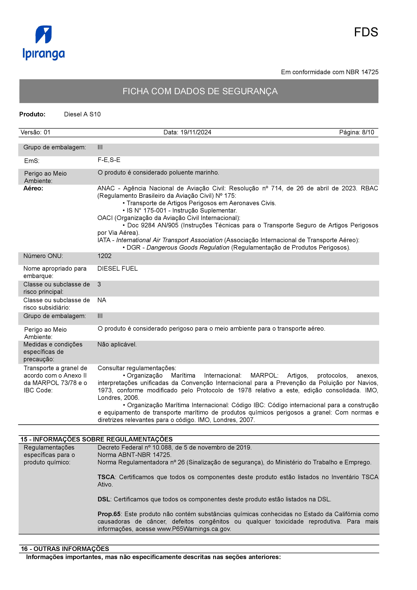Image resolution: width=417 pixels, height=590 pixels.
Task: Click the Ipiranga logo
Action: [44, 43]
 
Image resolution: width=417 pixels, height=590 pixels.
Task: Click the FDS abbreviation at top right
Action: [366, 32]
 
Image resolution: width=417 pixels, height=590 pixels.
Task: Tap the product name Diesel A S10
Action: [82, 114]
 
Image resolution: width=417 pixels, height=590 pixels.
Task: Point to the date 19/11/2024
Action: [196, 132]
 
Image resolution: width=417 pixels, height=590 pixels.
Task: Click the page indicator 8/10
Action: [368, 132]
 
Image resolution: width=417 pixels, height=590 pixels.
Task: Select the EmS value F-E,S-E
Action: [109, 160]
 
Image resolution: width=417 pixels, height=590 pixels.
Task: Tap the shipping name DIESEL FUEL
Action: [117, 269]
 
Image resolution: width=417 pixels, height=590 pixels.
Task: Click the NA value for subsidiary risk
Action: [102, 300]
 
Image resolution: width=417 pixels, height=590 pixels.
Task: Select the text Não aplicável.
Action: [117, 344]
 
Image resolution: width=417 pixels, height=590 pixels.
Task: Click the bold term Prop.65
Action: [109, 514]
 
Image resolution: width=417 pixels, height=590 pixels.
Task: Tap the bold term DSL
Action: [104, 499]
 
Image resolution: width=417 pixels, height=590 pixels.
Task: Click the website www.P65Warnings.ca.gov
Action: [194, 529]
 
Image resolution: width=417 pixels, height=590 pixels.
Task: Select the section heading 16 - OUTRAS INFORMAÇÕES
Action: [65, 549]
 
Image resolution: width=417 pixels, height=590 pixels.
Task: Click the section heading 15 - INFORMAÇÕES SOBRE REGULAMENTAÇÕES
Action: [97, 439]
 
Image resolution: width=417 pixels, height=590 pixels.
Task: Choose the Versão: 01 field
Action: [35, 132]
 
